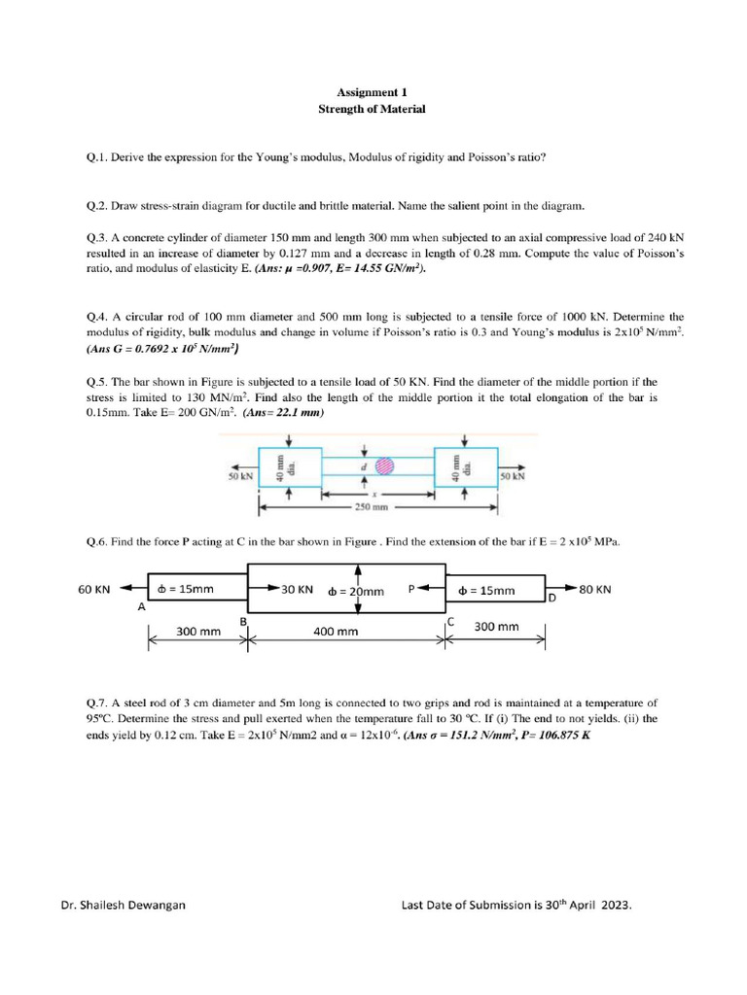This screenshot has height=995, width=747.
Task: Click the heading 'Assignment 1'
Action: [x=372, y=92]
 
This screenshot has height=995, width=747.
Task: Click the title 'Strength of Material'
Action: [x=372, y=110]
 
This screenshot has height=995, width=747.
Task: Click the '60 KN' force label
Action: [x=94, y=589]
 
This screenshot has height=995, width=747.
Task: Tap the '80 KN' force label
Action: [x=595, y=589]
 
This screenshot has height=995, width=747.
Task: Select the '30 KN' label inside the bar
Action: [x=297, y=589]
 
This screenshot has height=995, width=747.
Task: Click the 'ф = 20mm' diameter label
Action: [x=356, y=591]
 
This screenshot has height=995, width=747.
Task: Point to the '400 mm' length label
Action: [x=336, y=632]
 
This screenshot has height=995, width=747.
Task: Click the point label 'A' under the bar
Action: [x=141, y=606]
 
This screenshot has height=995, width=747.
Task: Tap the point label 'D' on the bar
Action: [x=551, y=598]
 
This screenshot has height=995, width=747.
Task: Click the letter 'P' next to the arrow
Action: [x=411, y=588]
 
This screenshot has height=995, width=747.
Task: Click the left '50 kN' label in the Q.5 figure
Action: [x=240, y=476]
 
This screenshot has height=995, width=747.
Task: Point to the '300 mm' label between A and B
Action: [x=198, y=632]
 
